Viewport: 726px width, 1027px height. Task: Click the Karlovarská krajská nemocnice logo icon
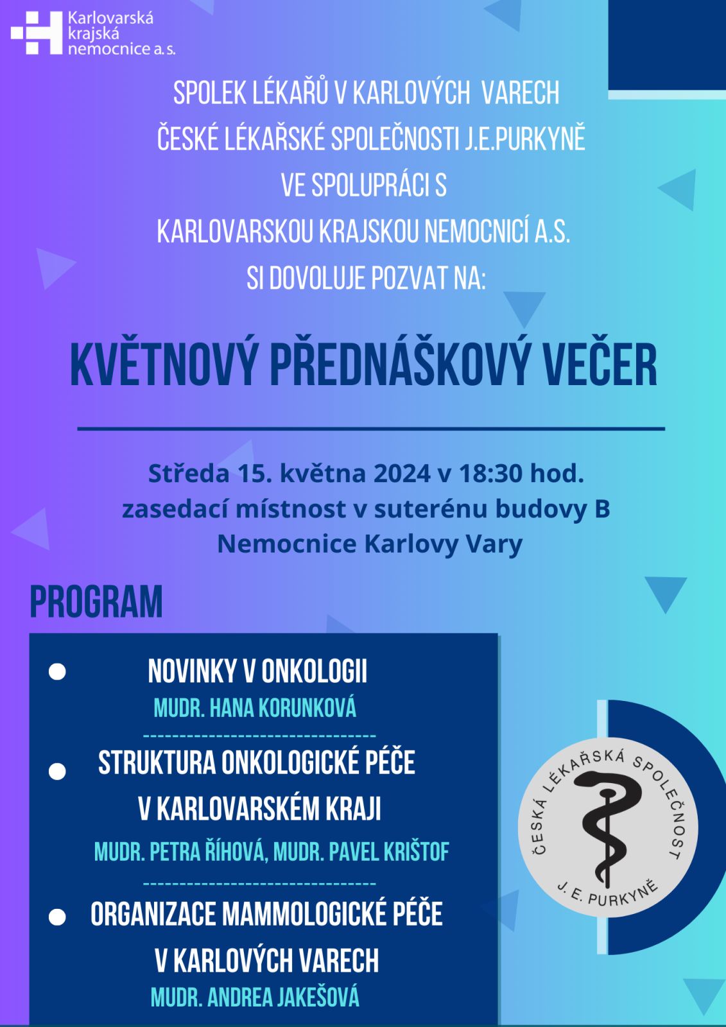(x=37, y=33)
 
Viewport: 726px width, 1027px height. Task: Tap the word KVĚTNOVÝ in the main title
(x=164, y=365)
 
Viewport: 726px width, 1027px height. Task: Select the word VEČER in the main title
(x=600, y=365)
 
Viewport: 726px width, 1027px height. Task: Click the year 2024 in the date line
(x=402, y=474)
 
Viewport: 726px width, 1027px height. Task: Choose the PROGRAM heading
(x=96, y=602)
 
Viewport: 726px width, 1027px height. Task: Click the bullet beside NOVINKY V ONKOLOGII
(x=58, y=671)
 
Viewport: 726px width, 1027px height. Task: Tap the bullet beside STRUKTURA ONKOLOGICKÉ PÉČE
(x=58, y=771)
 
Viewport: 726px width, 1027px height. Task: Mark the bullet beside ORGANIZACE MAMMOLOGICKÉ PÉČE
(x=58, y=917)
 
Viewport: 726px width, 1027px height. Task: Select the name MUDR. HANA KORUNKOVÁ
(x=255, y=708)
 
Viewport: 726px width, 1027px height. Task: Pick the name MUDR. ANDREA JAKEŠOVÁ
(x=255, y=997)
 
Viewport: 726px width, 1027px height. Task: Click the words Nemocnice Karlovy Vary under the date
(x=370, y=544)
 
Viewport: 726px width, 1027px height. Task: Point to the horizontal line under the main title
(x=371, y=428)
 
